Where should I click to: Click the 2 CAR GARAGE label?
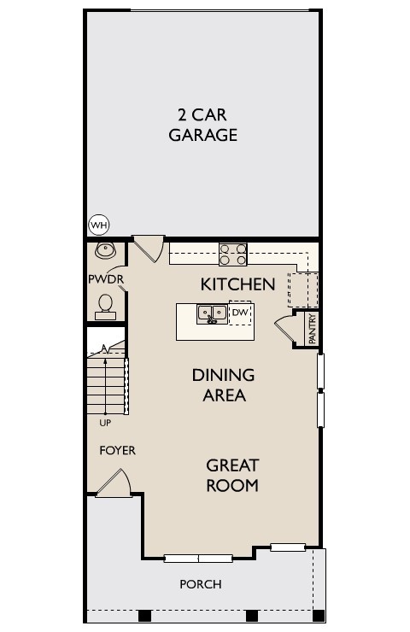point(202,125)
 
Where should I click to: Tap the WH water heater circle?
point(99,225)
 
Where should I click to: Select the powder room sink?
point(106,250)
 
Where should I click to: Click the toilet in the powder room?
point(106,306)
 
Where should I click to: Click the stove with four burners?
point(233,254)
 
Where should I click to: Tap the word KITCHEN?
point(237,284)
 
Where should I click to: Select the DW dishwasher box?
point(239,313)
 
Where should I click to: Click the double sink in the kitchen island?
point(211,314)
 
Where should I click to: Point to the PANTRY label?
point(312,329)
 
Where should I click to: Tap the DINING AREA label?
point(223,385)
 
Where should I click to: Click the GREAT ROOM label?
point(232,476)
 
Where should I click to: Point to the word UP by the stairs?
point(105,422)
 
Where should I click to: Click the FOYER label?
point(117,450)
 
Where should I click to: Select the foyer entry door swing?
point(114,483)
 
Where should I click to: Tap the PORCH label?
point(200,584)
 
